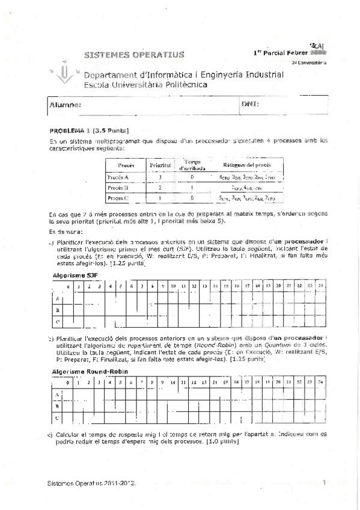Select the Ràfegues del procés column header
pos(246,164)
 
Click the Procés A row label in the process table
pos(118,177)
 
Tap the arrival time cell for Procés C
pos(192,197)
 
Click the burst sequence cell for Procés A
pos(246,177)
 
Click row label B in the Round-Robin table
pos(56,406)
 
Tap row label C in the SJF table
pos(56,322)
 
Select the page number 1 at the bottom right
pos(323,482)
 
